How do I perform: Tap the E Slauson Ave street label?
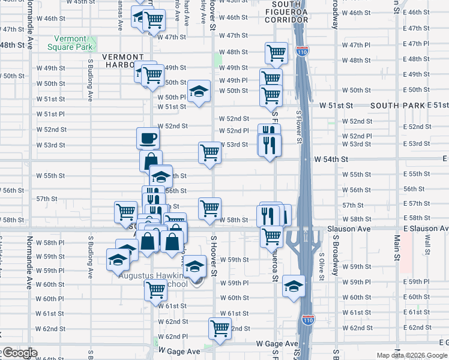pyautogui.click(x=426, y=229)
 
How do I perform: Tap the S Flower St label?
pyautogui.click(x=298, y=126)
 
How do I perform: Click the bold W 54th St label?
pyautogui.click(x=331, y=159)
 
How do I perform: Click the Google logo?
pyautogui.click(x=19, y=352)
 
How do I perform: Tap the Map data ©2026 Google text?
pyautogui.click(x=411, y=355)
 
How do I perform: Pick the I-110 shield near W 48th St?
pyautogui.click(x=304, y=50)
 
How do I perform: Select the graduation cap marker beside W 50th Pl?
pyautogui.click(x=199, y=91)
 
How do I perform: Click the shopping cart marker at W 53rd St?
pyautogui.click(x=209, y=152)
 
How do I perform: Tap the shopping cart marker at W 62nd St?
pyautogui.click(x=220, y=328)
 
